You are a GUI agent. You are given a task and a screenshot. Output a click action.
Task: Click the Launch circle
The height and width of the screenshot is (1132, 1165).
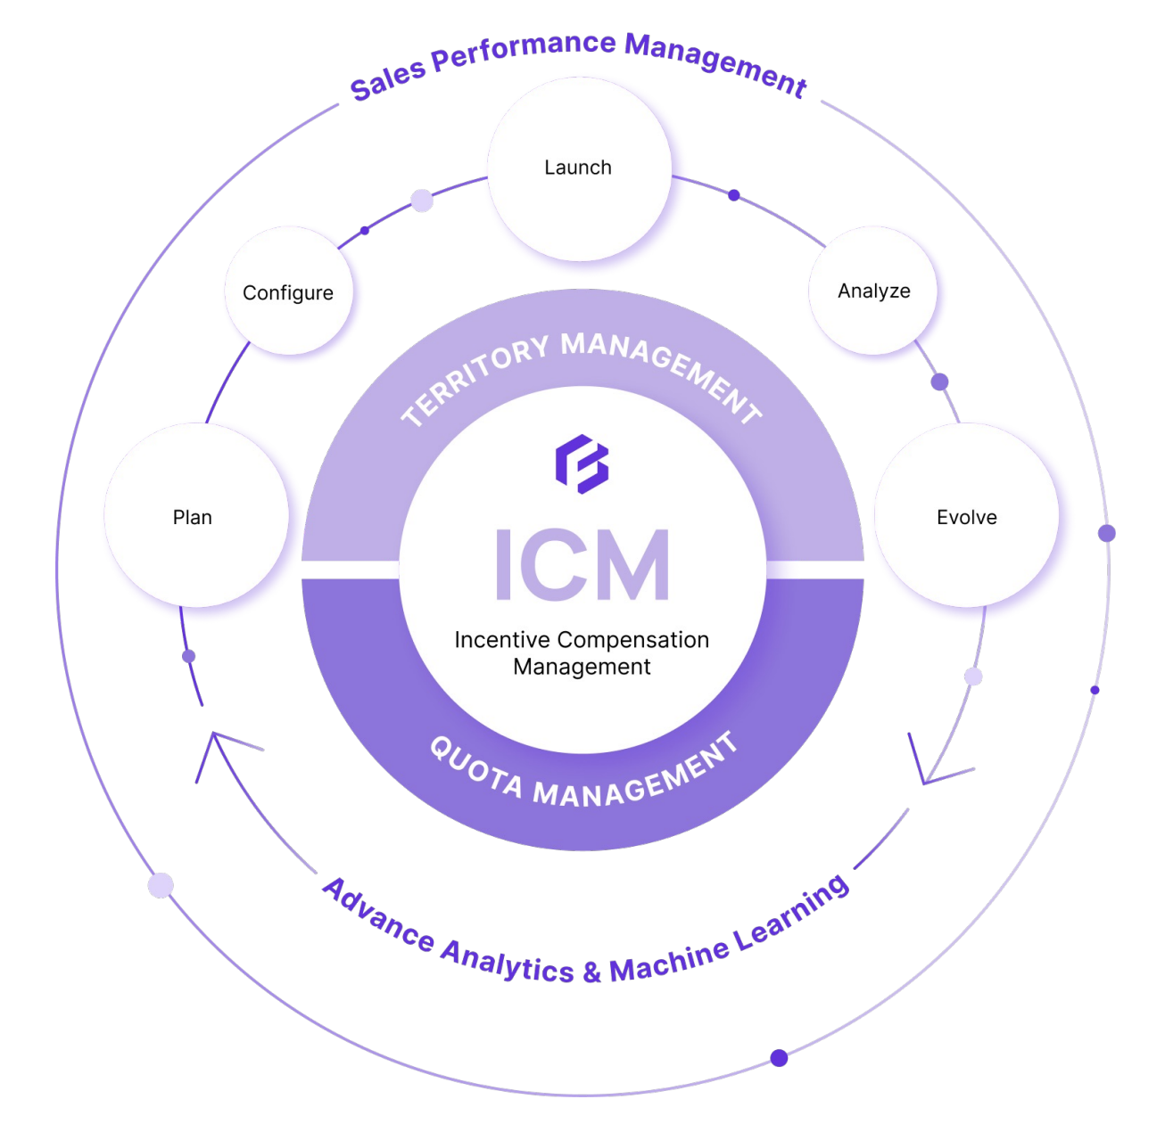click(x=579, y=168)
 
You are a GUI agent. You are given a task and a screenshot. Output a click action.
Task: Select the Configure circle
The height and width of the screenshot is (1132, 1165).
click(x=288, y=292)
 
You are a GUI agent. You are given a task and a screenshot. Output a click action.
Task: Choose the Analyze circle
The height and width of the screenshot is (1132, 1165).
click(x=873, y=291)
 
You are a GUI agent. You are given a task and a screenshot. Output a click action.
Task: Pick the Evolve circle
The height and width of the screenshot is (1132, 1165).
click(x=967, y=517)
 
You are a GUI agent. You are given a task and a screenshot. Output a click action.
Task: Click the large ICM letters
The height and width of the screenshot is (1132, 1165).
click(x=582, y=564)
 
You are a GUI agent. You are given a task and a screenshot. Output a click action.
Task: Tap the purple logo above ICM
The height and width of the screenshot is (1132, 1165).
click(x=582, y=463)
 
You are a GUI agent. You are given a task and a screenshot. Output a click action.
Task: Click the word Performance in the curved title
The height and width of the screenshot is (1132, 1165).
click(x=524, y=51)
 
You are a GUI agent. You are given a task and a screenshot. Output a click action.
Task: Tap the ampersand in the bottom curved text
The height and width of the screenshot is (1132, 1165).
click(x=591, y=972)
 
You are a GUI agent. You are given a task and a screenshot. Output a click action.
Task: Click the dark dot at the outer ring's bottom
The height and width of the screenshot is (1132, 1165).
click(x=779, y=1058)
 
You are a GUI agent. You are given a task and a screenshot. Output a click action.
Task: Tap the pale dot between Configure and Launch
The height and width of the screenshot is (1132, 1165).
click(x=422, y=201)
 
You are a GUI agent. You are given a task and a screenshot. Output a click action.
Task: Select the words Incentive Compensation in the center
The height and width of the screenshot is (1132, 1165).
click(x=582, y=640)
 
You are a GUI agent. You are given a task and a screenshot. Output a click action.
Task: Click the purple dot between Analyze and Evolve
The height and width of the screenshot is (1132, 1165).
click(x=939, y=382)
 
